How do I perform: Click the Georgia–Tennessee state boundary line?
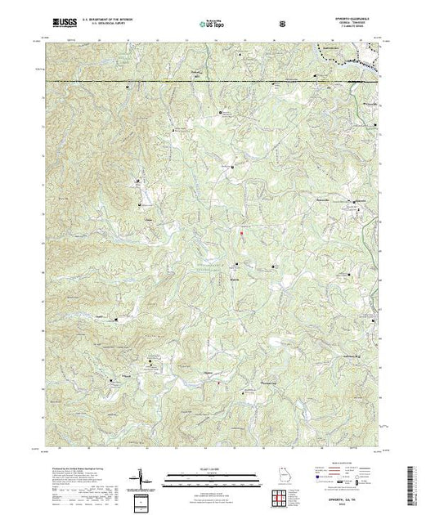[204, 82]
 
